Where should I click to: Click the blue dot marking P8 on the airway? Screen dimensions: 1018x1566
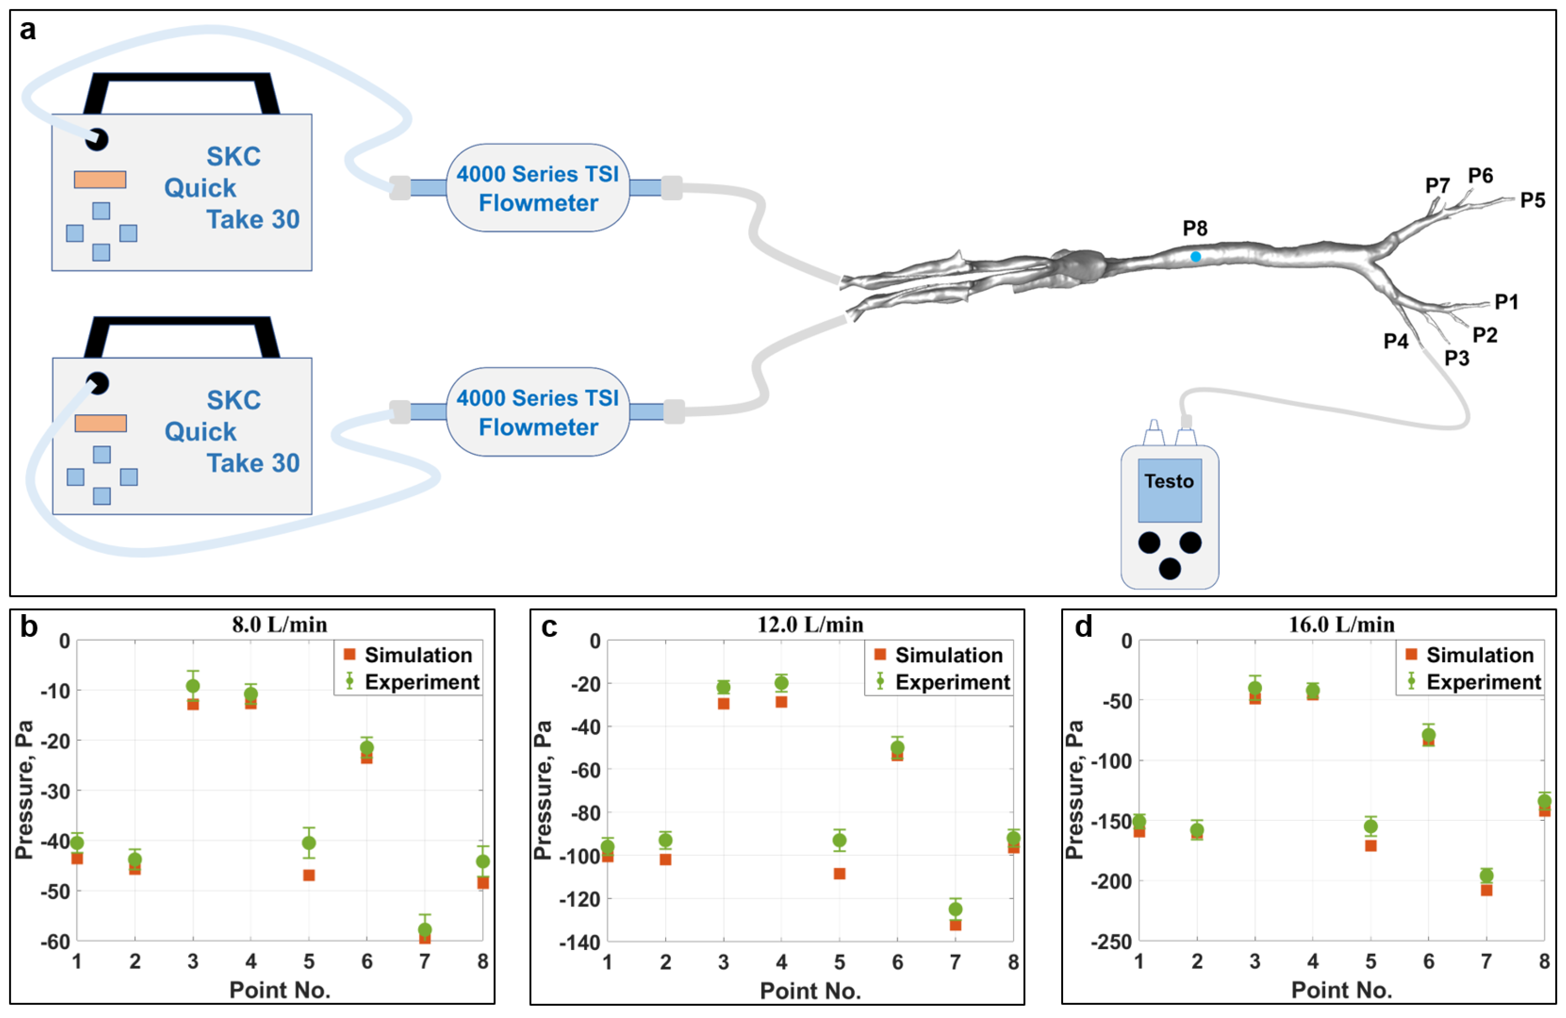coord(1195,257)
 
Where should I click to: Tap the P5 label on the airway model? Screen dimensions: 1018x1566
coord(1532,200)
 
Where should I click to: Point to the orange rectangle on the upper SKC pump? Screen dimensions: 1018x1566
coord(100,180)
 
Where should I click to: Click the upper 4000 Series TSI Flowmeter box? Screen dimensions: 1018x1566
coord(538,188)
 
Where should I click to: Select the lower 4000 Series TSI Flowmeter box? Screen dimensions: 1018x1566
coord(538,412)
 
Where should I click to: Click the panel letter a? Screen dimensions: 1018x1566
coord(27,30)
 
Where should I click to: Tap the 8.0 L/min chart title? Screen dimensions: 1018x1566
coord(279,624)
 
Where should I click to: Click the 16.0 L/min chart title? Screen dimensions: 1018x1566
coord(1341,624)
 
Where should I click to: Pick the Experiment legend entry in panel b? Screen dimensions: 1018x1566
coord(413,682)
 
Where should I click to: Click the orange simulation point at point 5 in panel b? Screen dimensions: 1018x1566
coord(308,875)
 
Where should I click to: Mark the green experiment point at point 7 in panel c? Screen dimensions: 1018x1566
coord(955,909)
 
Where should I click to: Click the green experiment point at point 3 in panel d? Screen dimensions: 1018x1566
coord(1255,688)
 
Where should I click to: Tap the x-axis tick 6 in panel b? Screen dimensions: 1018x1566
coord(367,962)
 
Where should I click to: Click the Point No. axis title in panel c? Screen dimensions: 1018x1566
coord(810,991)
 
